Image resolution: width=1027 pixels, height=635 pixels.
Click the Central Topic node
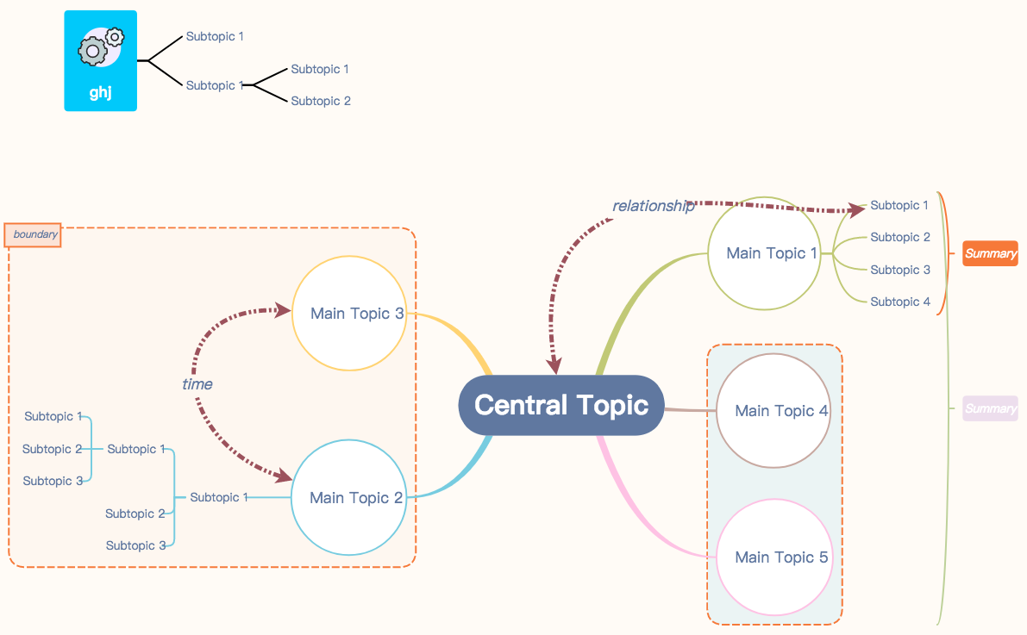560,405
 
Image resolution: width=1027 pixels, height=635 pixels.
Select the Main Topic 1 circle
765,253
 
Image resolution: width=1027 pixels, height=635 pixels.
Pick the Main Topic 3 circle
349,314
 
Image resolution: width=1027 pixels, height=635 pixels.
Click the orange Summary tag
990,253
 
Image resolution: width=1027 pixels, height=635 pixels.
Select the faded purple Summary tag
990,408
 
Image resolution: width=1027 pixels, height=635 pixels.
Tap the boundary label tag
34,234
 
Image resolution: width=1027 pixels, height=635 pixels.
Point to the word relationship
653,206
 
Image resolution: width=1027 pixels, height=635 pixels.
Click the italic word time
197,384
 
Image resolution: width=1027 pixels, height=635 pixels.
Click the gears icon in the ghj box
101,47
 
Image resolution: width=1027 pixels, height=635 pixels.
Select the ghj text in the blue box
101,93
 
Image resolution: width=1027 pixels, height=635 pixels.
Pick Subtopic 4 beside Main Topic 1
899,302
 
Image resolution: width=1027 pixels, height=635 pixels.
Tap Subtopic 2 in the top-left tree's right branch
320,101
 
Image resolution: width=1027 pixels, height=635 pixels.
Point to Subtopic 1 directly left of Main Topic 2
219,497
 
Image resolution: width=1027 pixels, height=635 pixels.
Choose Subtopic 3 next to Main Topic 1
899,270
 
